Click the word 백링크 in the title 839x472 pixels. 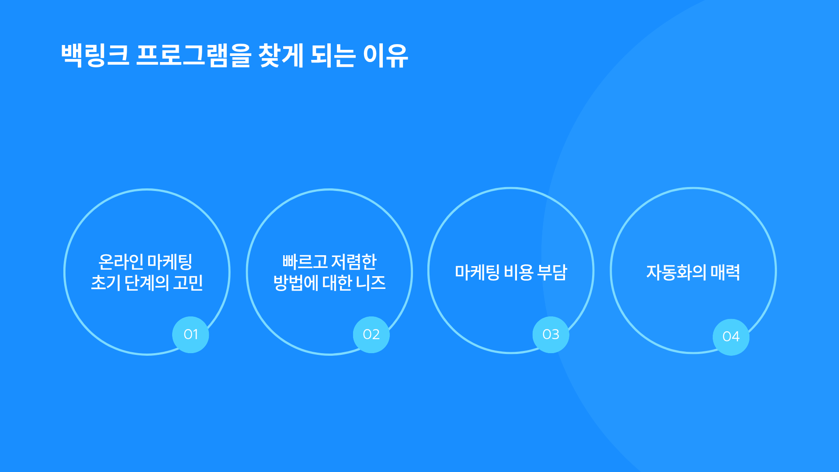point(95,56)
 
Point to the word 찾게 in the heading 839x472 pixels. point(281,56)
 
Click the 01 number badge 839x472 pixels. point(191,334)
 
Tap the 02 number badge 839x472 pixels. point(371,334)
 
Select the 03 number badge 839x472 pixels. point(551,334)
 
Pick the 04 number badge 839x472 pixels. point(731,337)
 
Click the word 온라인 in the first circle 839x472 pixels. point(121,262)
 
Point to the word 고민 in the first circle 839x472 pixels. point(188,283)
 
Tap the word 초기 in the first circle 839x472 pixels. point(106,283)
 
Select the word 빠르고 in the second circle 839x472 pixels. point(305,262)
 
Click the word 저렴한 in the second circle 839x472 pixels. point(354,262)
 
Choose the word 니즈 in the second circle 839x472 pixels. point(371,283)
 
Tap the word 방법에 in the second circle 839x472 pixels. point(296,283)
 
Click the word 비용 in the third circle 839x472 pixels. point(519,272)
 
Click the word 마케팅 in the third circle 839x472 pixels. point(477,272)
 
